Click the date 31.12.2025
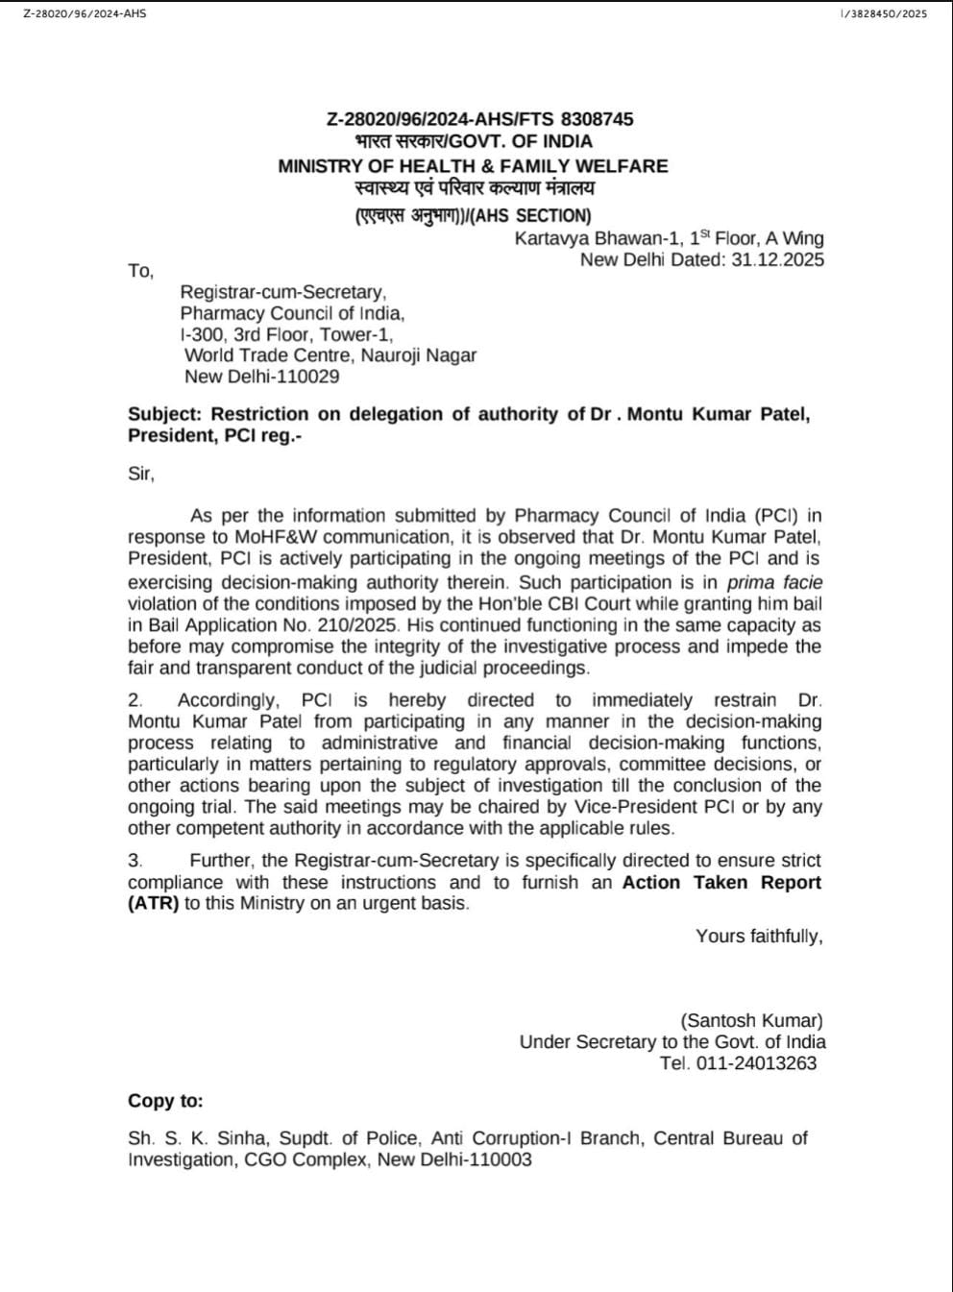coord(777,259)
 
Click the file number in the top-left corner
coord(85,14)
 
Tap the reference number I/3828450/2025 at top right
coord(883,14)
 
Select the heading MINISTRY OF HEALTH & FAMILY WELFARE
coord(473,166)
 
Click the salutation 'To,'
coord(140,271)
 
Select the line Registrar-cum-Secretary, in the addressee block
coord(283,292)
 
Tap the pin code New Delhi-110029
coord(261,377)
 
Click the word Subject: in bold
coord(166,414)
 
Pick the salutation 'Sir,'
coord(141,474)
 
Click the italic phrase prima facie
coord(774,582)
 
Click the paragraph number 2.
coord(135,700)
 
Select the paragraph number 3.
coord(135,861)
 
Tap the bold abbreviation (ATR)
coord(154,904)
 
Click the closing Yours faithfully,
coord(759,936)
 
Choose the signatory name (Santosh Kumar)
coord(751,1020)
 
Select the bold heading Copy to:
coord(165,1101)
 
